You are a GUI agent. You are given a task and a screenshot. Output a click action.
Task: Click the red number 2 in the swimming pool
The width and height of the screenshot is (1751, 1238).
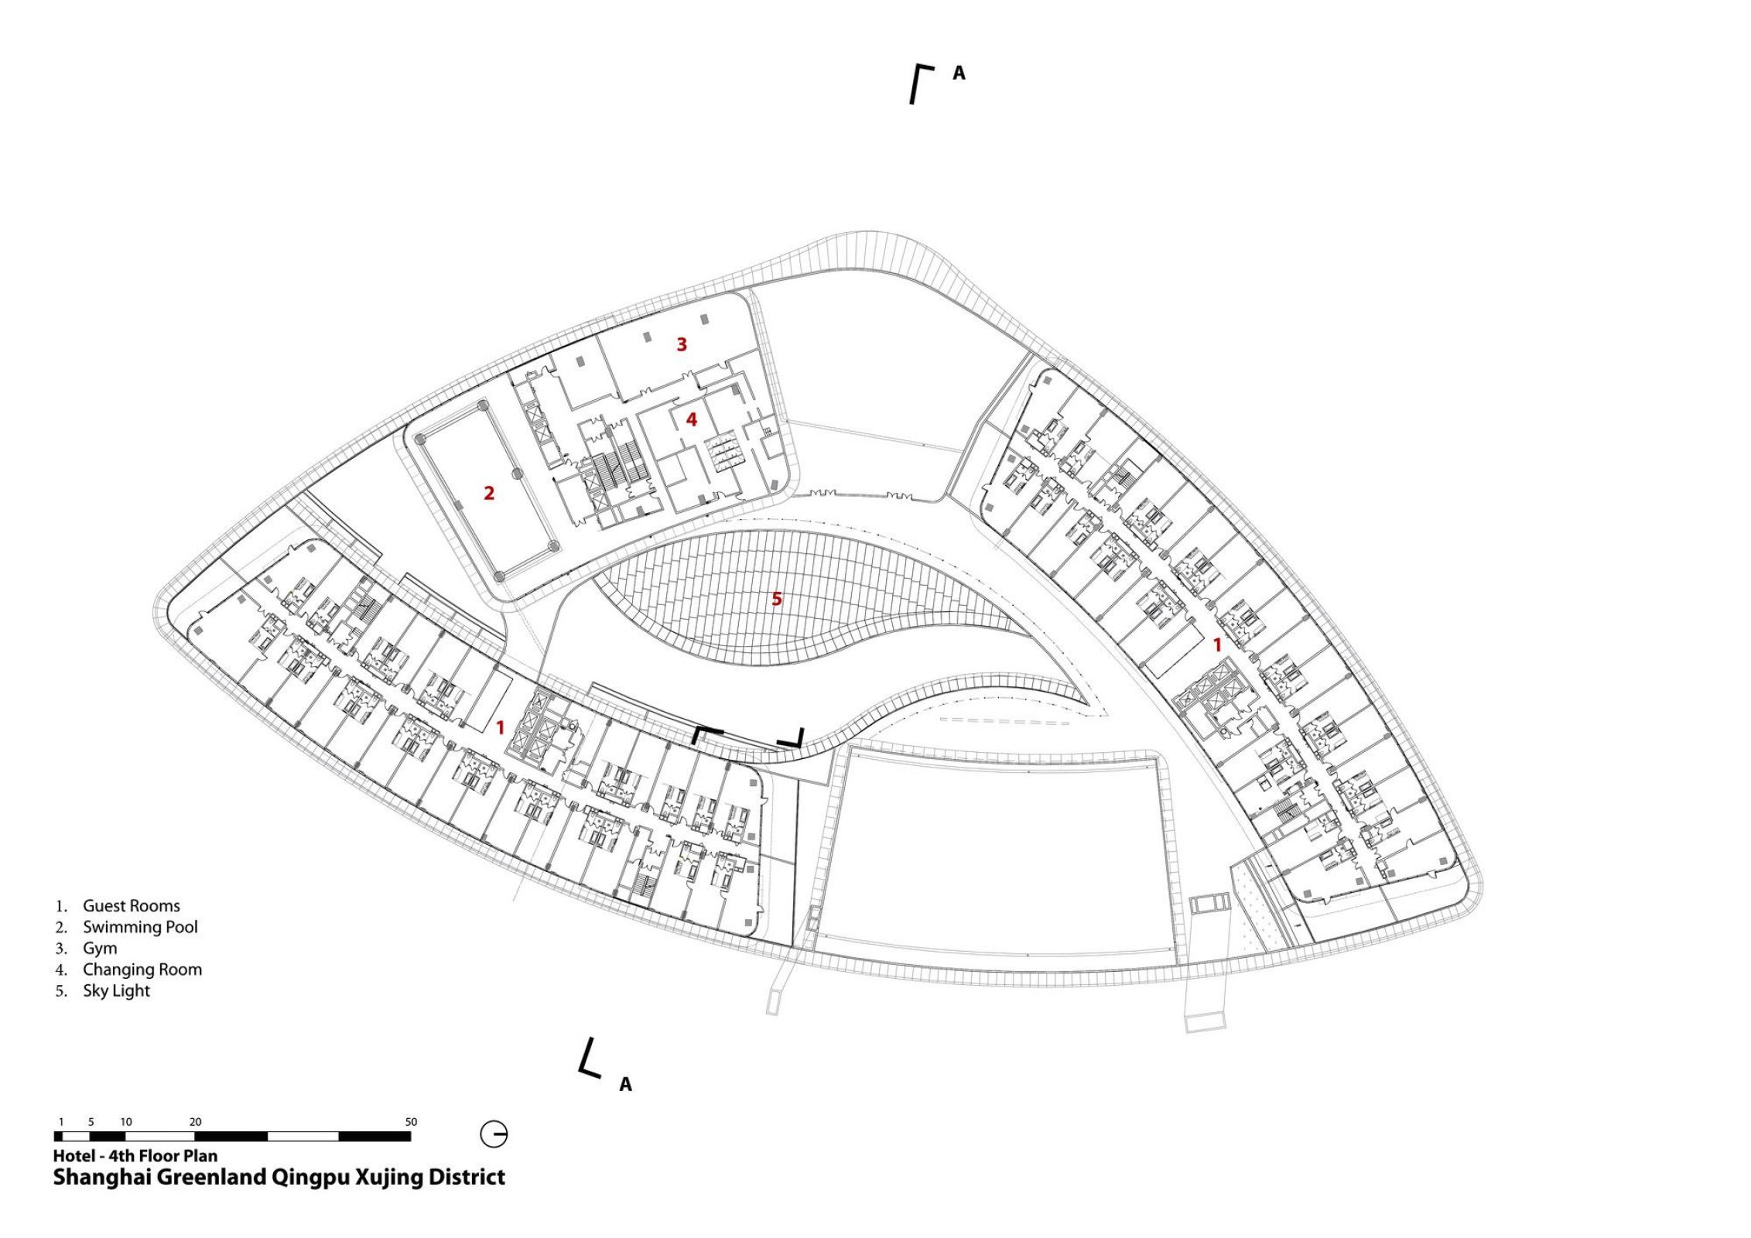pyautogui.click(x=489, y=493)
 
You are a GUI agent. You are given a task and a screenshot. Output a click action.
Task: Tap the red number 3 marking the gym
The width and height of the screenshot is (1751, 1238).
pyautogui.click(x=682, y=344)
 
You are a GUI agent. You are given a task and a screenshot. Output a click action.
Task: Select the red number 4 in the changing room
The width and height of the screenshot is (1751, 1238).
pyautogui.click(x=692, y=419)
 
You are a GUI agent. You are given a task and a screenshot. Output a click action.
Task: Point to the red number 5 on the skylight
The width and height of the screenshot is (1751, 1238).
pyautogui.click(x=777, y=598)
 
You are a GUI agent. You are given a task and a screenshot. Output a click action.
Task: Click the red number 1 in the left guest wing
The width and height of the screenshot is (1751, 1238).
pyautogui.click(x=501, y=727)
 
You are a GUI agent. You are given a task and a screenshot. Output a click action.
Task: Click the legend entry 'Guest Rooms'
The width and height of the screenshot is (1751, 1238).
pyautogui.click(x=132, y=905)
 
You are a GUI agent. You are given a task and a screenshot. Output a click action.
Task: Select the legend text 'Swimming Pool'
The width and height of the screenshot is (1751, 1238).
pyautogui.click(x=141, y=927)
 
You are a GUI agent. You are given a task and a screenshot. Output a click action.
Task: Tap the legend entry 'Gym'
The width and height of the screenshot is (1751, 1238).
pyautogui.click(x=101, y=949)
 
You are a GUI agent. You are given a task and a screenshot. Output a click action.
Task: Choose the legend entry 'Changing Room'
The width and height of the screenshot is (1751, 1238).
pyautogui.click(x=142, y=970)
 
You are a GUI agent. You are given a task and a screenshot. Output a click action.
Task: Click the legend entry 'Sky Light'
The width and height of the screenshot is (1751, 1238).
pyautogui.click(x=117, y=991)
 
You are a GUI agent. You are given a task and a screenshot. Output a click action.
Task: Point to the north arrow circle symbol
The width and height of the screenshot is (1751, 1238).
pyautogui.click(x=494, y=1135)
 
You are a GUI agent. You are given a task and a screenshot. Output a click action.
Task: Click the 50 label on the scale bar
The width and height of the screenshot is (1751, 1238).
pyautogui.click(x=411, y=1122)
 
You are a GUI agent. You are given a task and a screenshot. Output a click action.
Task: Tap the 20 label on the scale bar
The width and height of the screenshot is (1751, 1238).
pyautogui.click(x=195, y=1122)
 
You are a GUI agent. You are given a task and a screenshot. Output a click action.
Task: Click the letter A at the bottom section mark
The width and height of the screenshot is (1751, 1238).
pyautogui.click(x=625, y=1085)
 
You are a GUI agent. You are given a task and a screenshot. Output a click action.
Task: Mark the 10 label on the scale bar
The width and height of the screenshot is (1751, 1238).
pyautogui.click(x=126, y=1122)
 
